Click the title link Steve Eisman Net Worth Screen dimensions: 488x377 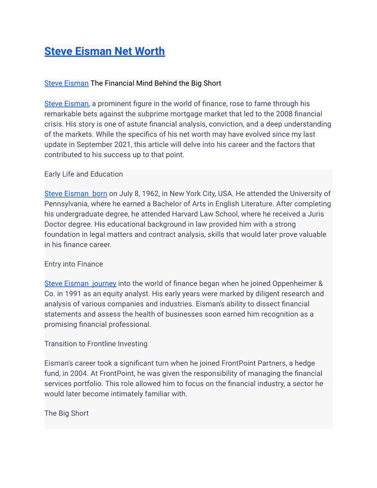[x=104, y=51]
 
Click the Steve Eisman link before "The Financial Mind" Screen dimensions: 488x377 [x=66, y=83]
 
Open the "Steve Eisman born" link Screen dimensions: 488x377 [x=76, y=194]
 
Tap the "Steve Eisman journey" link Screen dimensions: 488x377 [x=80, y=283]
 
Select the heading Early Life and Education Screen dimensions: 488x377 [x=84, y=174]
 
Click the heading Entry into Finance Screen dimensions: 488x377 [x=73, y=264]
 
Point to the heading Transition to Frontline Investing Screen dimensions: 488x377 [x=96, y=344]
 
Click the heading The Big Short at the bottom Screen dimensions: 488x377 [x=66, y=413]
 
